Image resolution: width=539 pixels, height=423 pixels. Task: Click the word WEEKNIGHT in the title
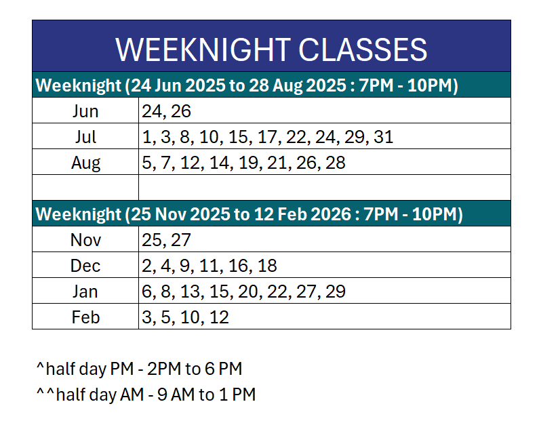coord(203,50)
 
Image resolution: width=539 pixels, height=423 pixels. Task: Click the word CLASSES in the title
coord(363,50)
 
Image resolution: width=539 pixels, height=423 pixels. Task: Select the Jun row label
coord(85,111)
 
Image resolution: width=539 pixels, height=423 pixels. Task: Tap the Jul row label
coord(85,137)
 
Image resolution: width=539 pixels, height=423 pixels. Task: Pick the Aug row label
coord(85,163)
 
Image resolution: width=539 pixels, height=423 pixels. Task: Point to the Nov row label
coord(85,240)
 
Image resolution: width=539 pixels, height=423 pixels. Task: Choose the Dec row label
coord(85,266)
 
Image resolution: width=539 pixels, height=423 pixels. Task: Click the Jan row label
coord(85,291)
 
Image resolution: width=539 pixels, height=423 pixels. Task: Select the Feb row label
coord(85,317)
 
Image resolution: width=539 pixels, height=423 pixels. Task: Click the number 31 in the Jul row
coord(383,137)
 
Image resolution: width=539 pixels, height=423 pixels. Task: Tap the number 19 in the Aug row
coord(248,163)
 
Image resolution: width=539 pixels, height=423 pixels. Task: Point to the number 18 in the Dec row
coord(267,266)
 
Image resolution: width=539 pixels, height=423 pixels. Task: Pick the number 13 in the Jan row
coord(190,291)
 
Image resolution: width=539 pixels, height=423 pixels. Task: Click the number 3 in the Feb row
coord(146,317)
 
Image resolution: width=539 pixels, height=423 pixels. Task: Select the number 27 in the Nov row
coord(181,240)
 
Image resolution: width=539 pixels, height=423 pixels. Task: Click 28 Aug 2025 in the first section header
coord(298,85)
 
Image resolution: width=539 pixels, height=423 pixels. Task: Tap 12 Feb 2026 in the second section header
coord(302,214)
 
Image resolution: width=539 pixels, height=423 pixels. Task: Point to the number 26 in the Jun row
coord(181,111)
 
